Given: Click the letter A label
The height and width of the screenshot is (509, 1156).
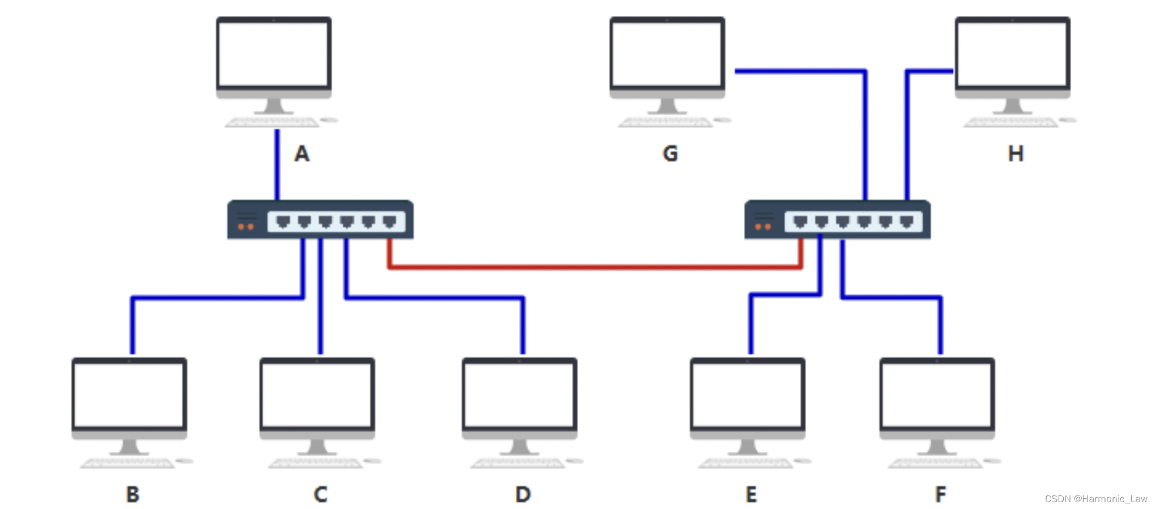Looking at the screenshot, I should click(x=302, y=154).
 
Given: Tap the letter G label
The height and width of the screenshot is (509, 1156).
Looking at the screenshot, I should click(x=670, y=154).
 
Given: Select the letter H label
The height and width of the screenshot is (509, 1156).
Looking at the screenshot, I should click(x=1016, y=154).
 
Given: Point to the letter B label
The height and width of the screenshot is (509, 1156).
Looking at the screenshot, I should click(x=132, y=494).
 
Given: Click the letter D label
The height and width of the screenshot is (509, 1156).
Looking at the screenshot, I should click(x=523, y=494).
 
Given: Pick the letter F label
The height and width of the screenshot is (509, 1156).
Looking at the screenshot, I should click(x=940, y=494).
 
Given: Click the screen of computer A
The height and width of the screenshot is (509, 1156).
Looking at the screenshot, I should click(x=274, y=54).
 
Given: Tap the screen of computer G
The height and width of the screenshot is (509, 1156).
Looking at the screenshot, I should click(x=667, y=54).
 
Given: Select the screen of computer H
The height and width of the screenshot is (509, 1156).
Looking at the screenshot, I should click(x=1012, y=54).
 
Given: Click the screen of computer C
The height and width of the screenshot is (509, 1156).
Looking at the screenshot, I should click(x=317, y=395).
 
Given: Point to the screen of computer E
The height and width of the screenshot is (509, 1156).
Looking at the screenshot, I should click(x=747, y=395).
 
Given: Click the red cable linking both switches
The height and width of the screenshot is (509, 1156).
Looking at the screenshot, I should click(x=594, y=266).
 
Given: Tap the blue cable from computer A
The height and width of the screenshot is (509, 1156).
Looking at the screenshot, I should click(x=277, y=164).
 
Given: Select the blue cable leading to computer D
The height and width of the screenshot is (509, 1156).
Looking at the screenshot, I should click(x=436, y=297).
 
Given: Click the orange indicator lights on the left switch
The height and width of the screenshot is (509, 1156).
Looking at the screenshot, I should click(x=246, y=227).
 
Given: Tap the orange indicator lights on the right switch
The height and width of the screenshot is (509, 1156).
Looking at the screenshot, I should click(x=763, y=227).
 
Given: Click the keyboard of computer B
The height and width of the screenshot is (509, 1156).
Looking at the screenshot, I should click(x=128, y=463).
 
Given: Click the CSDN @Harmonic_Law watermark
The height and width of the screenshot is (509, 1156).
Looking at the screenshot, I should click(x=1095, y=499).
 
